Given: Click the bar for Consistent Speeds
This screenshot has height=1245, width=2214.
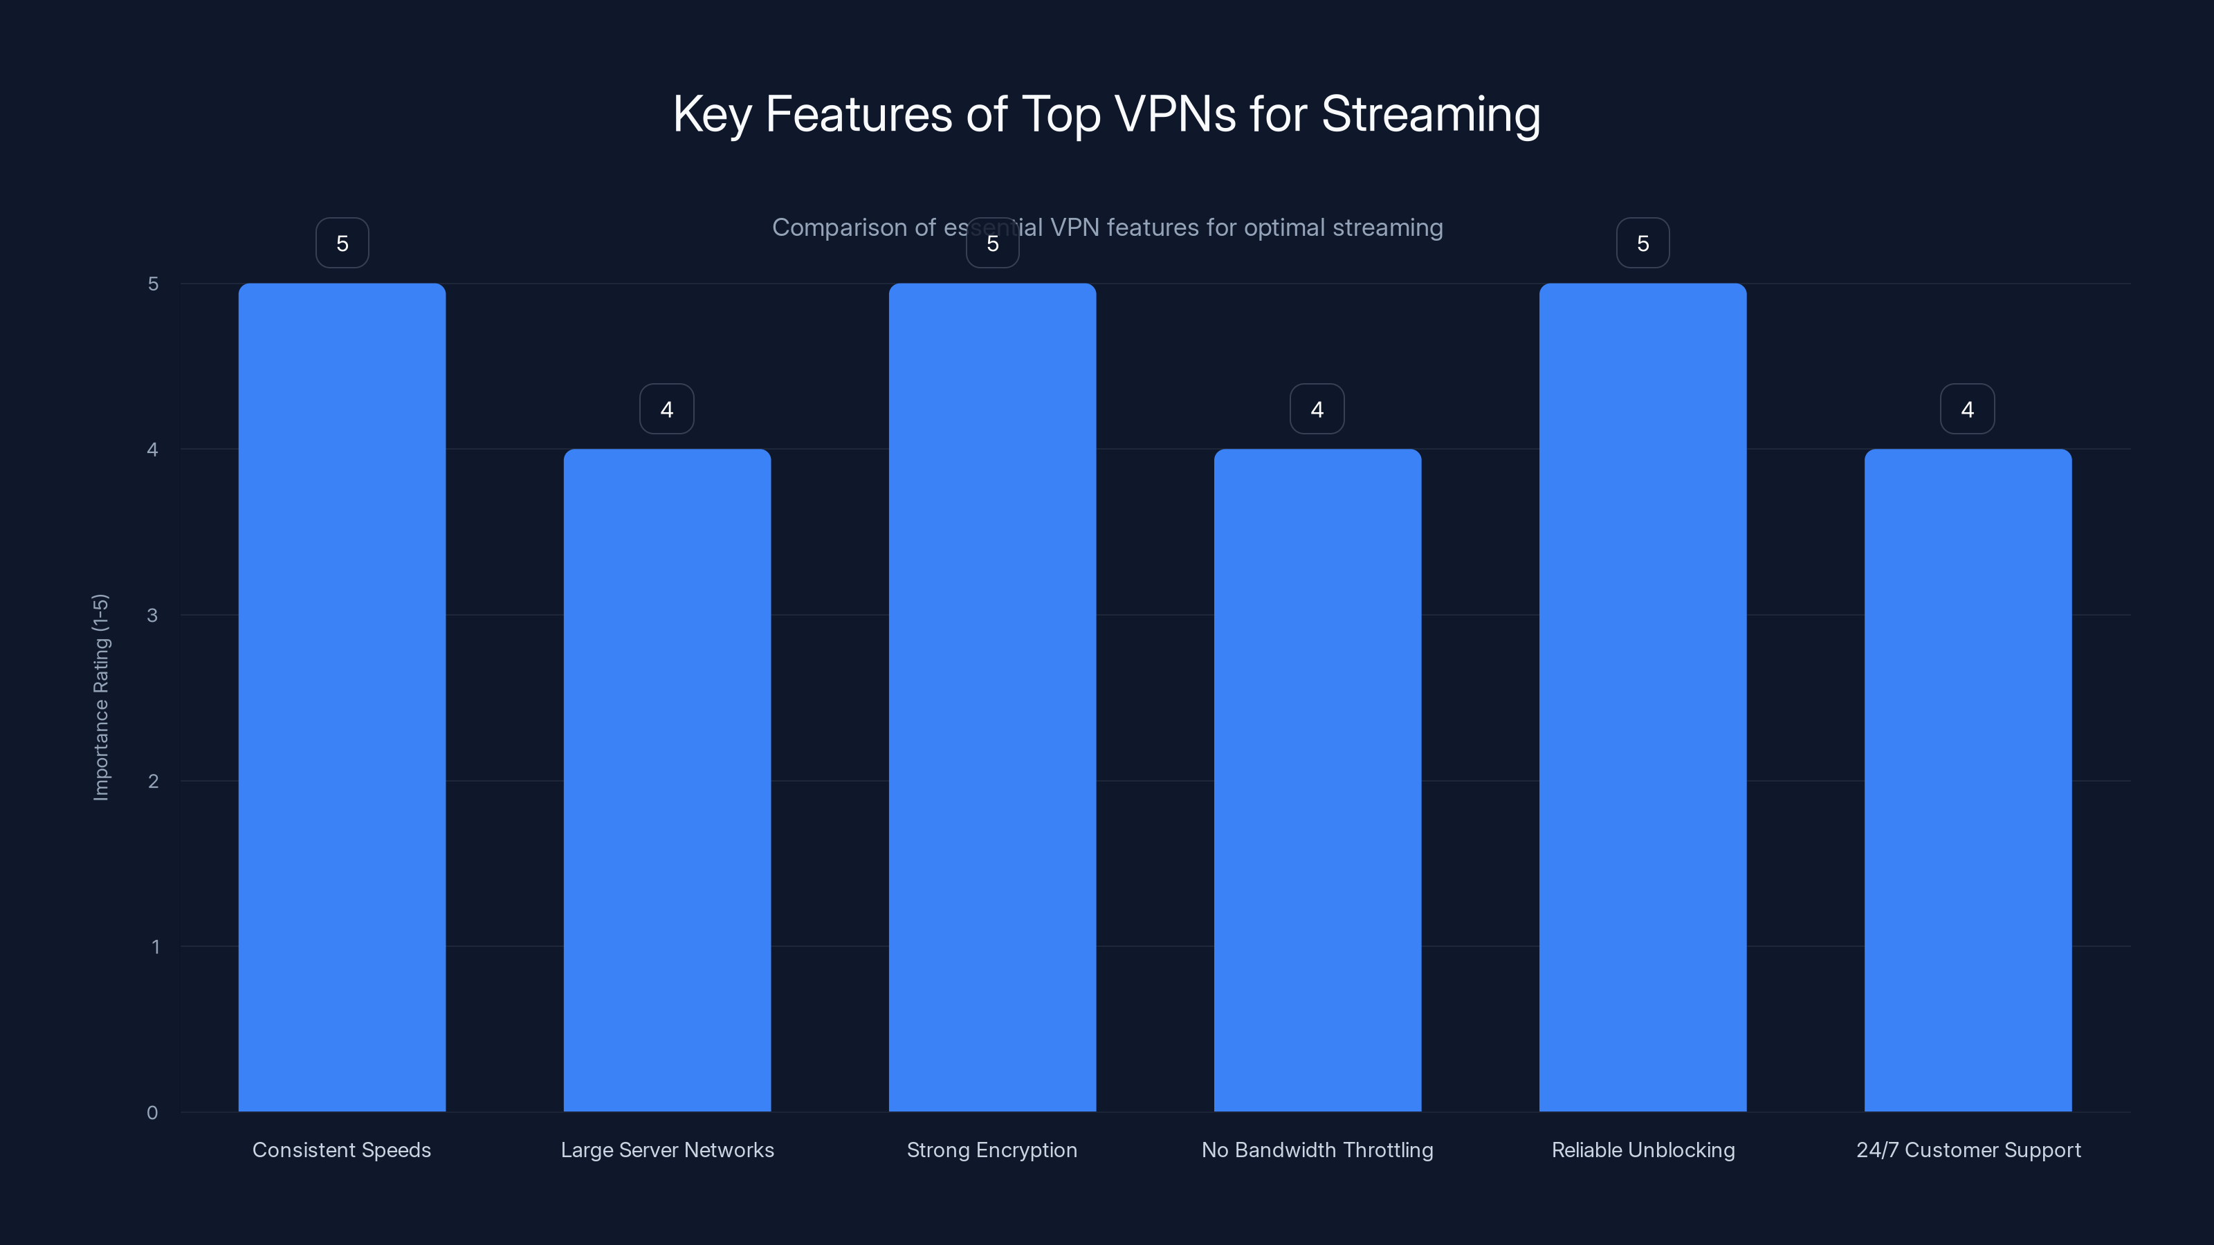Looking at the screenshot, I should click(342, 697).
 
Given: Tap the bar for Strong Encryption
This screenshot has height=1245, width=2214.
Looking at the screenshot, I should click(992, 697).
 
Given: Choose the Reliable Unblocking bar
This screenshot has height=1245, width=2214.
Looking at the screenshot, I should click(1643, 697).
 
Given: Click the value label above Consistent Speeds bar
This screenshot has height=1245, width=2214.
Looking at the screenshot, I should click(342, 243).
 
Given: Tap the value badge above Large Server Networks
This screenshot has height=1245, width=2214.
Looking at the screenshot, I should click(667, 409).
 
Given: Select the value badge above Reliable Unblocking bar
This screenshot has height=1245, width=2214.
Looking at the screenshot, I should click(1643, 243).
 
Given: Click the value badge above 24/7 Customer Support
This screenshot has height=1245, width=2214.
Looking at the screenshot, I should click(1967, 409).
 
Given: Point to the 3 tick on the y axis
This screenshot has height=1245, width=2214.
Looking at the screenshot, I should click(153, 615).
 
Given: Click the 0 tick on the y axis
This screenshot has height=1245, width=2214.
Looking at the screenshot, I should click(153, 1113).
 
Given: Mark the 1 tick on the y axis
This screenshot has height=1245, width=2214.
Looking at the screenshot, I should click(156, 947).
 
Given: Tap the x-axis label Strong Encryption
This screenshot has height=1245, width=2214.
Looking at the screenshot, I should click(992, 1150).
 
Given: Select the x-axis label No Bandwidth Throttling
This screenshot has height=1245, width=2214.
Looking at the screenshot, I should click(1317, 1150).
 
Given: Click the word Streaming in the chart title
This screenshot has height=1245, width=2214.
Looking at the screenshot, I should click(1430, 114).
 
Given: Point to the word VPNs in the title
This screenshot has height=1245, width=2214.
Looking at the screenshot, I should click(1175, 114).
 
